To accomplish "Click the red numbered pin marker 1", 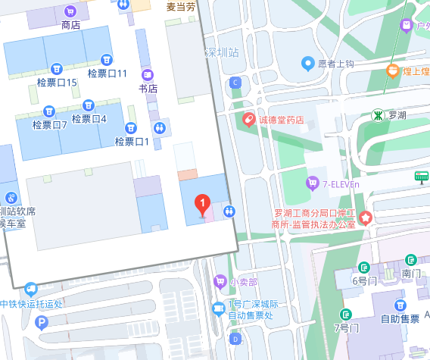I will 202,203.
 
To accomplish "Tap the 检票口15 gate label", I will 57,82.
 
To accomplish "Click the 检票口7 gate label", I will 50,125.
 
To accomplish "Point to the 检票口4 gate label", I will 89,118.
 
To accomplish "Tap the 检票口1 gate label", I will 132,141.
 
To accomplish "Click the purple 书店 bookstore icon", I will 148,75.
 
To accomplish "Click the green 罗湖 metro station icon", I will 377,115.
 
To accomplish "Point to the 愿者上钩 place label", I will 335,64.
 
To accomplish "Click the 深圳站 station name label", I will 222,53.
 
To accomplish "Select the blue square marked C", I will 235,82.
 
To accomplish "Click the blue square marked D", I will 235,337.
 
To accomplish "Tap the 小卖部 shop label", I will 244,281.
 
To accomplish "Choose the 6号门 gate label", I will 364,280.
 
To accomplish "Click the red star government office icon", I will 366,218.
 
